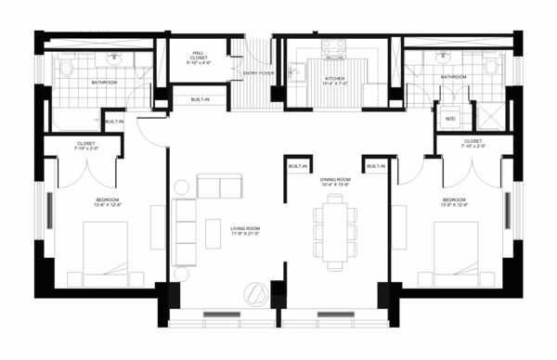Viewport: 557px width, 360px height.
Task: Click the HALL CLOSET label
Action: click(198, 58)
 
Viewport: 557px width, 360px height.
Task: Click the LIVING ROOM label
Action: click(245, 229)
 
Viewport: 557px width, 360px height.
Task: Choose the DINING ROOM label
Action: click(334, 181)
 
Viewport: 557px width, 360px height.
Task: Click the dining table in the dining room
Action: click(334, 230)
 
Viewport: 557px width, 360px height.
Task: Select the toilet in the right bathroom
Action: click(491, 66)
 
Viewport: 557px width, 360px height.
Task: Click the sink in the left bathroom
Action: click(114, 58)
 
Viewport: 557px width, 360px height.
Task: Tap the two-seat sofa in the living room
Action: click(217, 186)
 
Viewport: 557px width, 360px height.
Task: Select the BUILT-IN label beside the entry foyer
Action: click(201, 99)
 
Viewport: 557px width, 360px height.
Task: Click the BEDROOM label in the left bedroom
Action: click(107, 203)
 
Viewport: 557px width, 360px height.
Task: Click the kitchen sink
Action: click(301, 71)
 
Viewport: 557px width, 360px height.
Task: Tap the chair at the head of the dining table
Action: click(334, 199)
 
